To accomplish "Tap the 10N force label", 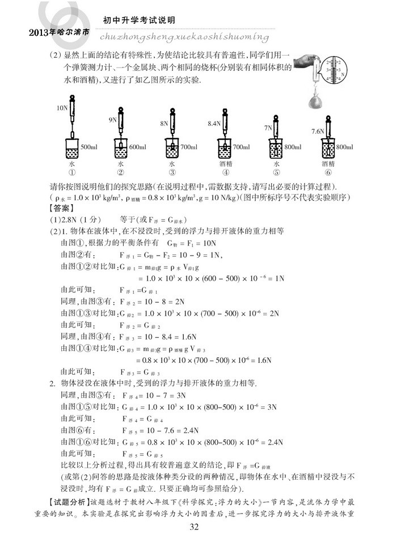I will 62,107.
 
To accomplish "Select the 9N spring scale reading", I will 112,120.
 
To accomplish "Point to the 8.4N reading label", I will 214,123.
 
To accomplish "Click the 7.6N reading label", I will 318,131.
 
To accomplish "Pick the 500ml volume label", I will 90,147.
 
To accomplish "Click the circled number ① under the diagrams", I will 72,173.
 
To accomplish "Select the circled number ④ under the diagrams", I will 225,173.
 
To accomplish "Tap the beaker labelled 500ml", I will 72,150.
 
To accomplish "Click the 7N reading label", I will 268,128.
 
